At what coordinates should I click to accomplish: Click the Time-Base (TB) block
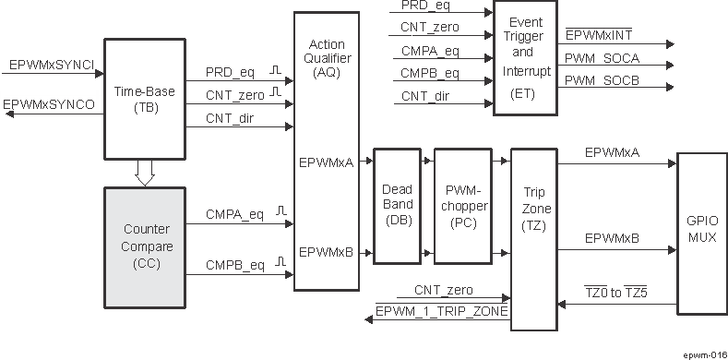144,99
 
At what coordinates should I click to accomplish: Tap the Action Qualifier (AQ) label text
326,57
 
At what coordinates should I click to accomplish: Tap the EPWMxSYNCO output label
50,105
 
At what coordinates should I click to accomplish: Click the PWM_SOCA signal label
601,58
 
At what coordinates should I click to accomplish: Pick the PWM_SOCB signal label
601,80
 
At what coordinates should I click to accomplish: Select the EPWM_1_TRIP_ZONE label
443,312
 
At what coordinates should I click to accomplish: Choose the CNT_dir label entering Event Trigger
425,95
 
